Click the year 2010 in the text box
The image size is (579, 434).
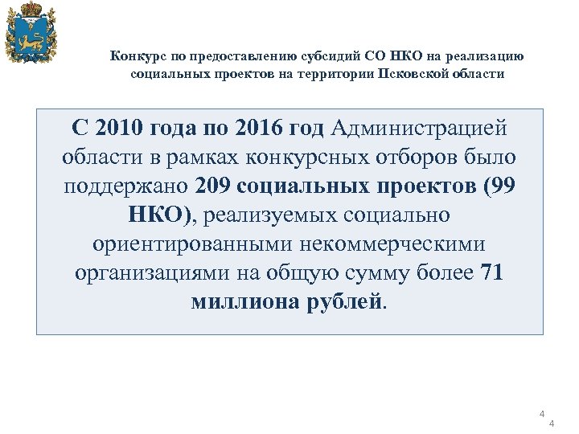click(120, 128)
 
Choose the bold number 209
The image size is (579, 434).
click(214, 186)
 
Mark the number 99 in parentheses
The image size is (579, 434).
click(499, 186)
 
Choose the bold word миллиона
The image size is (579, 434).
click(242, 301)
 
